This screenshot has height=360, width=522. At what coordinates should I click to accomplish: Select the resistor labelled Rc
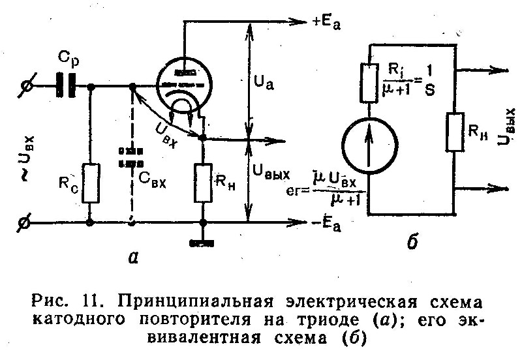pos(91,183)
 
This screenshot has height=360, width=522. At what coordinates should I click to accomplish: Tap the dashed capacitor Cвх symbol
pos(131,157)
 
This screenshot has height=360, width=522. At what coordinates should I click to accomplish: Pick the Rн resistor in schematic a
pos(203,183)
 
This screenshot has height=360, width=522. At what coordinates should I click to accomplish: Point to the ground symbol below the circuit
pos(202,243)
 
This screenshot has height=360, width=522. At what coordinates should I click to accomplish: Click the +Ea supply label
pos(327,23)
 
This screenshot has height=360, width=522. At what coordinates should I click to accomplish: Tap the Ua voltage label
pos(264,83)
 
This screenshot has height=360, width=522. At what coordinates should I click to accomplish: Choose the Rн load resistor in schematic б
pos(455,132)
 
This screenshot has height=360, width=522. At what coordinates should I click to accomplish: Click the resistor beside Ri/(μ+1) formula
pos(369,82)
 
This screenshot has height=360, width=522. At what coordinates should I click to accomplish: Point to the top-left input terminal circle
pos(26,86)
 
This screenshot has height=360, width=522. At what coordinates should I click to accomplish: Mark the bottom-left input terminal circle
pos(25,222)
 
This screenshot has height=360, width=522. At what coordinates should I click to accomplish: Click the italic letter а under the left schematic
pos(133,258)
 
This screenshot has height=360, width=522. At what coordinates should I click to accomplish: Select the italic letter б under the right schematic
pos(412,242)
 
